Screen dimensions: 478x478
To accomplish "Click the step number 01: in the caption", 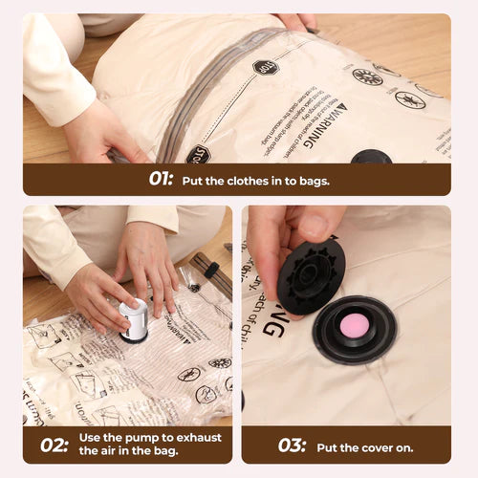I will [160, 178].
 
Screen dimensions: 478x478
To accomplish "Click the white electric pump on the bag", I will [134, 319].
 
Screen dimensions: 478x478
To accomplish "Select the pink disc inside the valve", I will [355, 325].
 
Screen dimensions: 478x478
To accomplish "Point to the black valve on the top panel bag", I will [371, 156].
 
